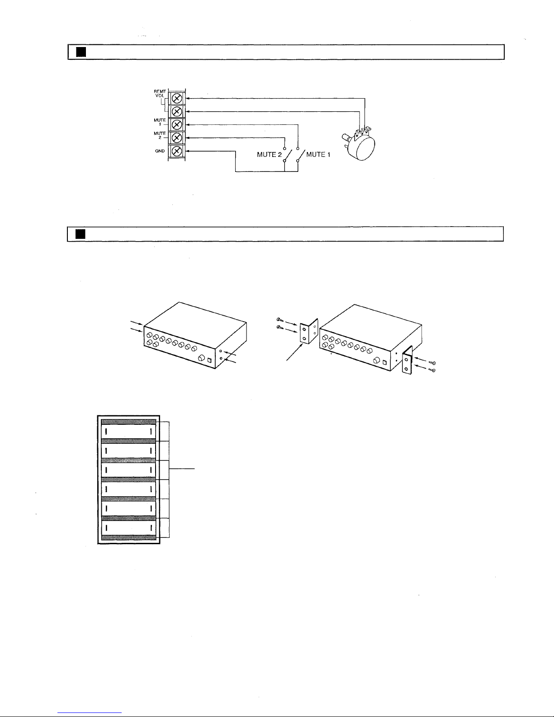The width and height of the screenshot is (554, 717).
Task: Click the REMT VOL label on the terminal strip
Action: pyautogui.click(x=160, y=94)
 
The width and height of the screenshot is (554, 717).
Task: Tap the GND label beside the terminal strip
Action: pyautogui.click(x=160, y=151)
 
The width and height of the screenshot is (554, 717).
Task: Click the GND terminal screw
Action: pyautogui.click(x=177, y=151)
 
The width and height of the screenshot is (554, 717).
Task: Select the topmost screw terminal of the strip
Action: pyautogui.click(x=177, y=98)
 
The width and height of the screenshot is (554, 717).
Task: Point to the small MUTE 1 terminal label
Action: pyautogui.click(x=160, y=122)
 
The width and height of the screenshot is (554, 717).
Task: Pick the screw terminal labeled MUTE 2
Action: pyautogui.click(x=177, y=138)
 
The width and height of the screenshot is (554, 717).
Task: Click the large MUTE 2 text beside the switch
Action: pyautogui.click(x=269, y=155)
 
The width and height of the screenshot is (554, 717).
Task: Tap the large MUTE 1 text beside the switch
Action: pyautogui.click(x=318, y=154)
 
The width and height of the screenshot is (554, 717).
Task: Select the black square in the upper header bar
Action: pyautogui.click(x=81, y=52)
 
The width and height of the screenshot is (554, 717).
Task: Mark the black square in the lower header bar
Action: pyautogui.click(x=80, y=234)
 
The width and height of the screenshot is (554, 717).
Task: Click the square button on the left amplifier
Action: pyautogui.click(x=209, y=360)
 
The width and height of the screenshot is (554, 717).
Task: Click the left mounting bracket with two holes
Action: pyautogui.click(x=308, y=331)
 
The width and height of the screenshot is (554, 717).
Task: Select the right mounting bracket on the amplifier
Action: pyautogui.click(x=407, y=361)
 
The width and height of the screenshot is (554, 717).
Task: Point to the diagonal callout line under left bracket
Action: pyautogui.click(x=295, y=352)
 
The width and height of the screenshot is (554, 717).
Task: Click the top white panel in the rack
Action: pyautogui.click(x=128, y=432)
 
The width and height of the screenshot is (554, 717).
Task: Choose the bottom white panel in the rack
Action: pyautogui.click(x=128, y=528)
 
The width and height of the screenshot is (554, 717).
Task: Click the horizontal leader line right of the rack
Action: pyautogui.click(x=182, y=469)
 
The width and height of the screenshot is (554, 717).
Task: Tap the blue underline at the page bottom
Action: pyautogui.click(x=90, y=712)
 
